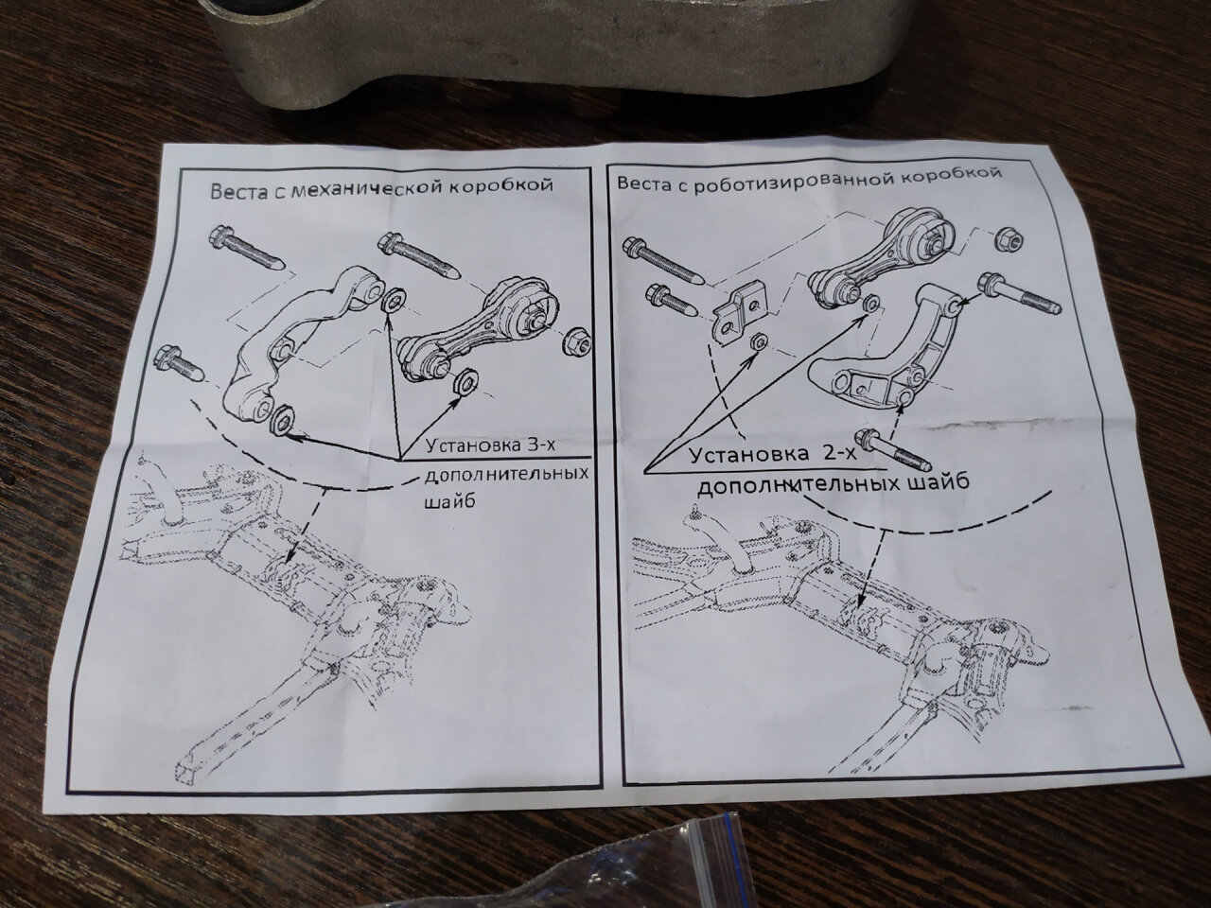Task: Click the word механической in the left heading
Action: pyautogui.click(x=366, y=188)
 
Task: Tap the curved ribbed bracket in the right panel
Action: pyautogui.click(x=883, y=364)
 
